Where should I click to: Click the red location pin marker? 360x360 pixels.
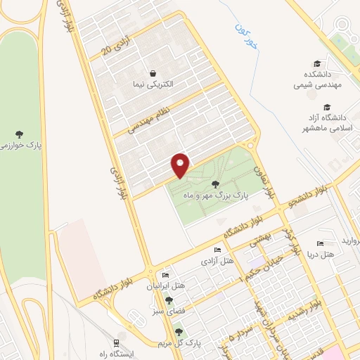[181, 165]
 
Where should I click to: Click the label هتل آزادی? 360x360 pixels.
[217, 261]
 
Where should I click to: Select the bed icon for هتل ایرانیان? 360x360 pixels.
[165, 275]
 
